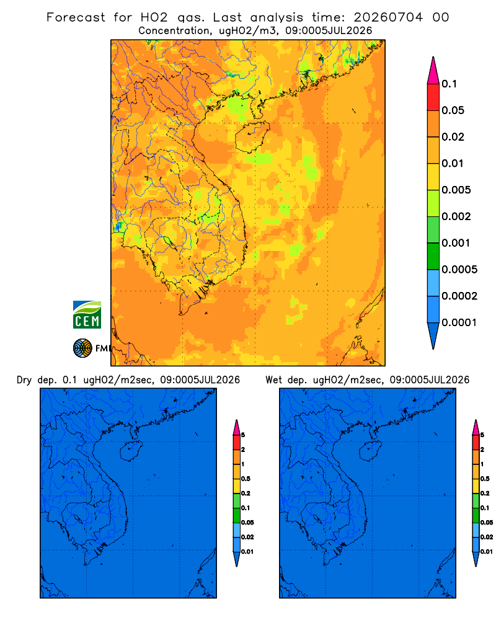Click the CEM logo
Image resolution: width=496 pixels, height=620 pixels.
87,315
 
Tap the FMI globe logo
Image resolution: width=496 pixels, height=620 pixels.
82,348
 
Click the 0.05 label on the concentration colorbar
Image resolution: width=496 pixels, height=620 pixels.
453,110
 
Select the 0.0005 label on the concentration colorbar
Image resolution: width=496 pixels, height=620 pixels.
459,270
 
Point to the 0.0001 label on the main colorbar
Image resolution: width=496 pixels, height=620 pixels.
459,322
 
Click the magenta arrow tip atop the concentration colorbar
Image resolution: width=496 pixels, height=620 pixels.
433,70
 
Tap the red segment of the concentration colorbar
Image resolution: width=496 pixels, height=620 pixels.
433,97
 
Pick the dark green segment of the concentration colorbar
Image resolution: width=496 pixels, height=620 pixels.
433,256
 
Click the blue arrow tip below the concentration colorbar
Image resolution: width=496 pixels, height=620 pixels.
433,336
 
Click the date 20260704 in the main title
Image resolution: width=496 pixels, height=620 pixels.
388,17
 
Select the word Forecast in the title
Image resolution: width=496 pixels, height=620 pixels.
76,17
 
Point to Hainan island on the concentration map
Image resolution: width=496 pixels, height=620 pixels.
252,137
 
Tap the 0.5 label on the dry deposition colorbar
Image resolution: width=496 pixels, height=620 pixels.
246,479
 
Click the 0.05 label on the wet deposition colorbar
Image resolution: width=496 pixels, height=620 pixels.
487,522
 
